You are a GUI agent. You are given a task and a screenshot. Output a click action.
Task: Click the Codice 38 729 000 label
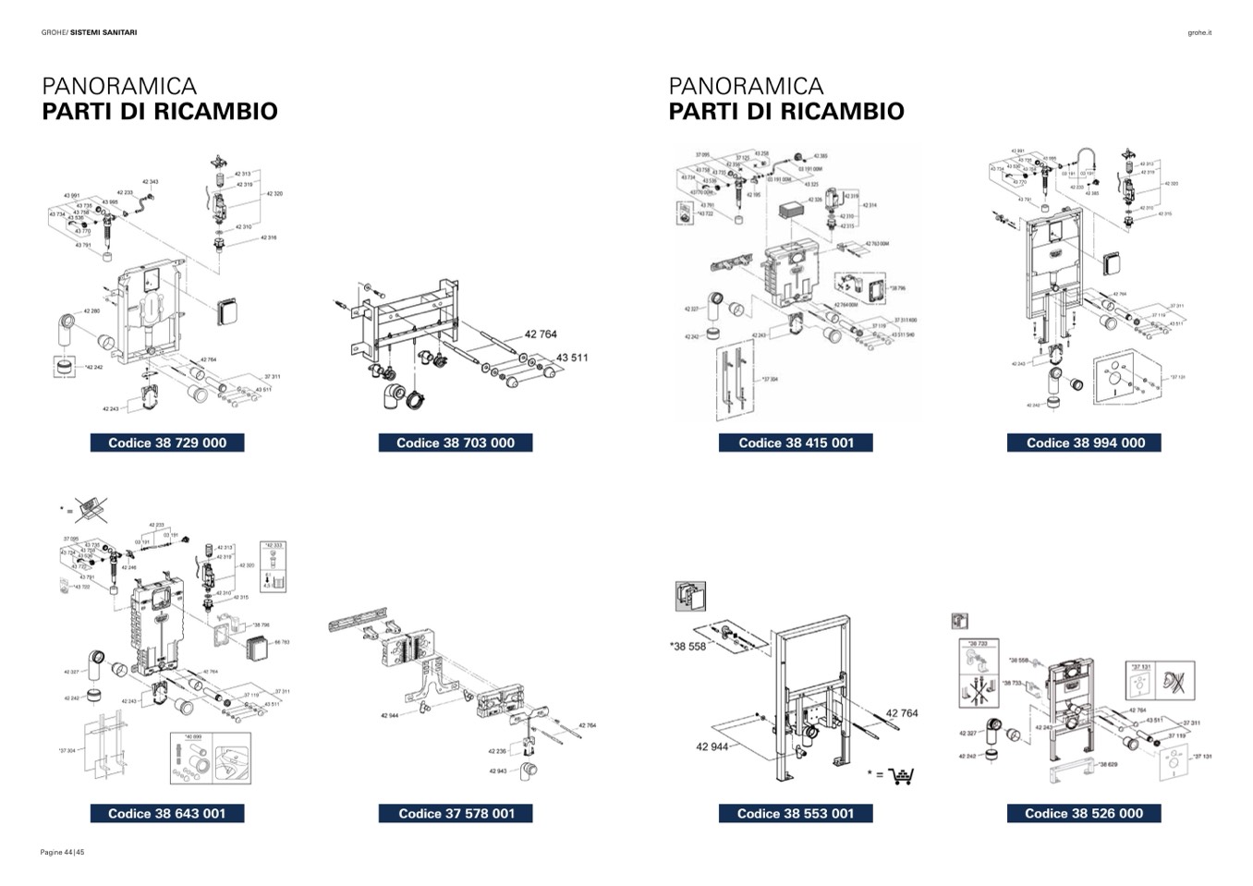167,443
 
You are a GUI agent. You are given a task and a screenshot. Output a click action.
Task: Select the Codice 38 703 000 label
456,443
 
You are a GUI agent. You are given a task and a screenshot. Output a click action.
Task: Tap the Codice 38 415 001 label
796,443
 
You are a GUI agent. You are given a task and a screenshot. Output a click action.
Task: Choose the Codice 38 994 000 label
1085,443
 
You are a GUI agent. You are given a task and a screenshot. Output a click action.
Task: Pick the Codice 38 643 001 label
167,813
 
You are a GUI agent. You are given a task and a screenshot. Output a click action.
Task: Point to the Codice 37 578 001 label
456,813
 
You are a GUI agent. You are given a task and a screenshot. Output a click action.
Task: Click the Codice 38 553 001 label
796,813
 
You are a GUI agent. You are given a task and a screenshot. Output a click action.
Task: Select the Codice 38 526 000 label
1084,813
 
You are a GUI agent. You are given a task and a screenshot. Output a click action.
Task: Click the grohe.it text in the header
1199,33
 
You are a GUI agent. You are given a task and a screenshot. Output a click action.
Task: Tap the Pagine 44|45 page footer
63,852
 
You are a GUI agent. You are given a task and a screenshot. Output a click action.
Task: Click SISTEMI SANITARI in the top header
103,33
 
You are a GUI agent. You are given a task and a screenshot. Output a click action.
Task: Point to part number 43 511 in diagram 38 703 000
571,358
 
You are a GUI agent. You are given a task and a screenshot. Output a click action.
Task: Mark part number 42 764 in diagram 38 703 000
541,334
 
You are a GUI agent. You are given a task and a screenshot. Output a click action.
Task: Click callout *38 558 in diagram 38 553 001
687,647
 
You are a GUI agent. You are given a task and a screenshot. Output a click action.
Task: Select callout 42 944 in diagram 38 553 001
712,746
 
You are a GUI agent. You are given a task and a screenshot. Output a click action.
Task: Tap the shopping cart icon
900,776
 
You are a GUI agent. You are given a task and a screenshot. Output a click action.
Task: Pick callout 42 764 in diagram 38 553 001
902,713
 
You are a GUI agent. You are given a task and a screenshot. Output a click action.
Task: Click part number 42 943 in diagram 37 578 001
497,771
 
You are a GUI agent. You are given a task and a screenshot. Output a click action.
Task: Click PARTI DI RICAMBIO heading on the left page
160,111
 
